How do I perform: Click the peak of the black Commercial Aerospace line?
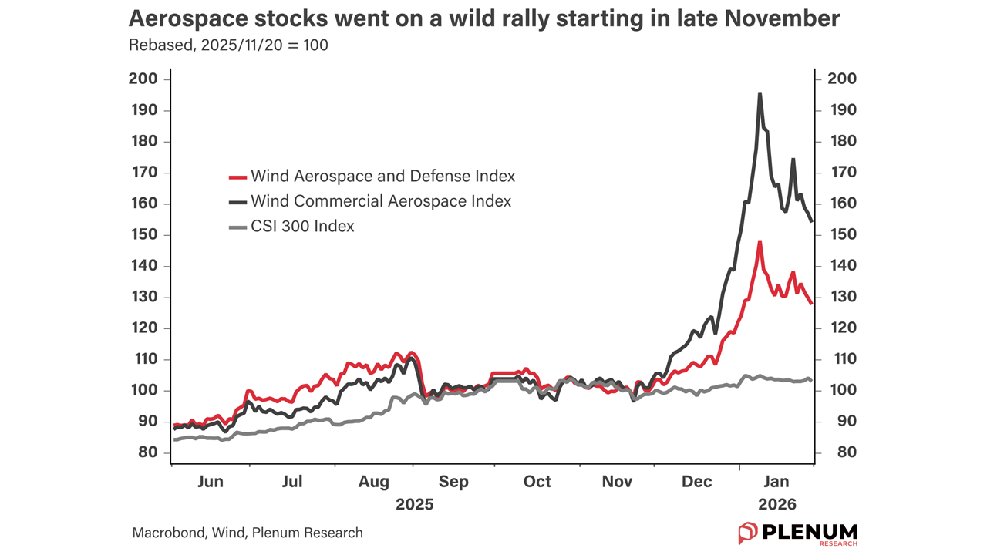(x=760, y=93)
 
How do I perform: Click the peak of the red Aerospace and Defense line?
(x=760, y=241)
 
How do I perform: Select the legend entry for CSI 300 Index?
(x=302, y=227)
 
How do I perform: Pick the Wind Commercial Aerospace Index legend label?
(x=381, y=201)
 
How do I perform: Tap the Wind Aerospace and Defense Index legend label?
(x=382, y=177)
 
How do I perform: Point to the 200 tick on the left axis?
(x=144, y=79)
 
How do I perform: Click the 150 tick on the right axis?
(x=841, y=234)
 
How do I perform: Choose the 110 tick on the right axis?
(x=841, y=359)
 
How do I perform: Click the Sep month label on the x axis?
(x=453, y=482)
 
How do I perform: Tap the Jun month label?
(x=211, y=482)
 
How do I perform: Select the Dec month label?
(x=697, y=482)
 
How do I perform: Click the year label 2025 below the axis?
(x=415, y=505)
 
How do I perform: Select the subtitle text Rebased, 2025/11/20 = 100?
(x=228, y=45)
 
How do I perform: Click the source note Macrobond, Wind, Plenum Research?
(x=247, y=533)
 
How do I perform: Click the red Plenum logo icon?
(x=748, y=532)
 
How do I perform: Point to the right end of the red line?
(x=811, y=304)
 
